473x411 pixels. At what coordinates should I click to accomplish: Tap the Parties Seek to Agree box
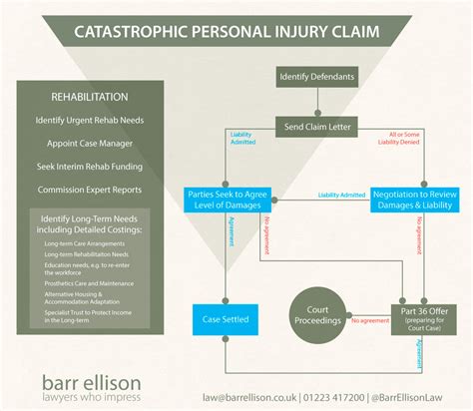(228, 199)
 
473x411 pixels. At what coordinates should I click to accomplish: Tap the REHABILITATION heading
(89, 98)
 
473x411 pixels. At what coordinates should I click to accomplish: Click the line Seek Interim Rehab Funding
(89, 167)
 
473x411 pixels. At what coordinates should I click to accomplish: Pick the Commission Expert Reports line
(89, 190)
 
